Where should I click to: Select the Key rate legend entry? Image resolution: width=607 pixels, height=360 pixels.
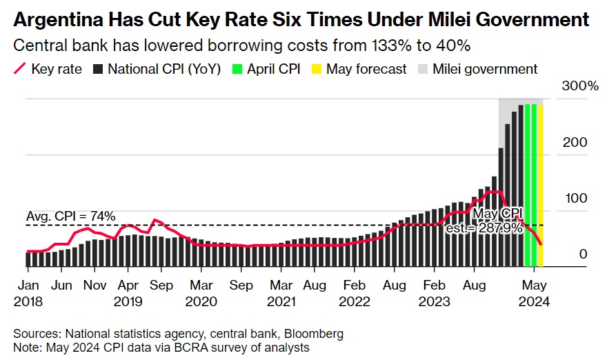(48, 69)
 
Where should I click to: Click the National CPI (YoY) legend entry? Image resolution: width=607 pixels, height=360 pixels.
(157, 69)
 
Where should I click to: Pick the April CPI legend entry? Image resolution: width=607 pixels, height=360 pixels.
(267, 69)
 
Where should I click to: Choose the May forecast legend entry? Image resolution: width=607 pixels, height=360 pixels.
(359, 69)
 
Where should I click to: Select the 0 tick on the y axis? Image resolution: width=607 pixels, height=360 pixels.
(583, 254)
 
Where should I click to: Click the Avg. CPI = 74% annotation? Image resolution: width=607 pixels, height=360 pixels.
(71, 216)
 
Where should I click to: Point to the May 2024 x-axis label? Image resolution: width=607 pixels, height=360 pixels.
(534, 292)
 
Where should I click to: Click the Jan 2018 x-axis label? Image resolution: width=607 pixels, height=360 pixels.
(28, 292)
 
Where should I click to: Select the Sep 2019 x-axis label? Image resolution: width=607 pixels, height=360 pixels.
(161, 292)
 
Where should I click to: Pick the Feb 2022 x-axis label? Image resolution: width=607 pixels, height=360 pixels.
(355, 292)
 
